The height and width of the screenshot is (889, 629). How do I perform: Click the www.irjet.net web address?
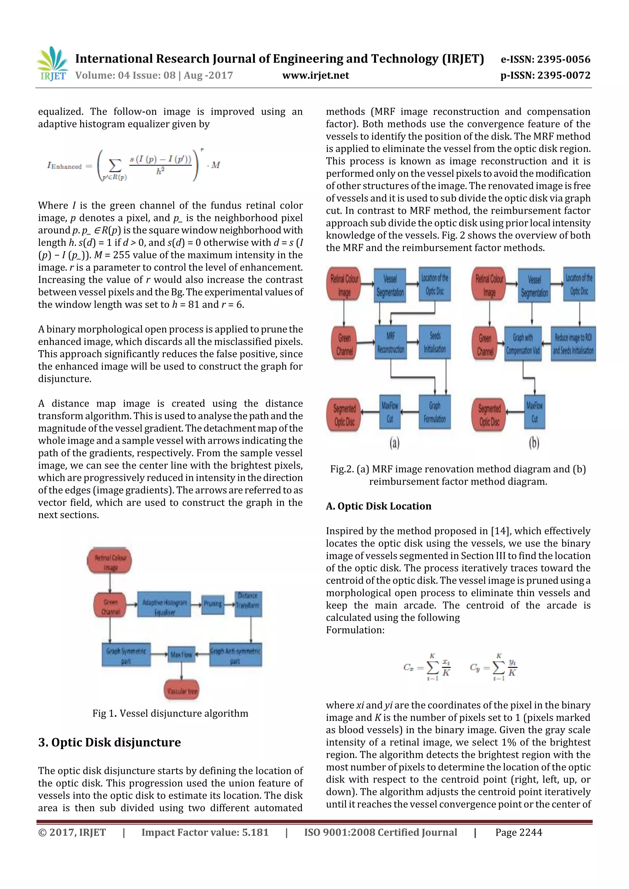[x=315, y=75]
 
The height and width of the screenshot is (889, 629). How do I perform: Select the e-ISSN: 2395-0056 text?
[x=545, y=59]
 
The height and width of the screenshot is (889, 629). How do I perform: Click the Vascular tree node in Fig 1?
[x=182, y=690]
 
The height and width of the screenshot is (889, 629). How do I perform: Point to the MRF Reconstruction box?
[x=390, y=342]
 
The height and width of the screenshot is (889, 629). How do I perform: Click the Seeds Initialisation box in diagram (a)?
[x=435, y=342]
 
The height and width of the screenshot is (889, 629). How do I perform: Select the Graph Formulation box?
[x=435, y=412]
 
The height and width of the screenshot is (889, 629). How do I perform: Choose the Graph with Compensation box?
[x=522, y=343]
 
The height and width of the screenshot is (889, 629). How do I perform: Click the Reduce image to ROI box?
[x=573, y=343]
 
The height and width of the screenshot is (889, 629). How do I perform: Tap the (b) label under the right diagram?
[x=534, y=443]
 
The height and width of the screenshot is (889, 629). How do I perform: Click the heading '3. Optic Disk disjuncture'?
[x=110, y=742]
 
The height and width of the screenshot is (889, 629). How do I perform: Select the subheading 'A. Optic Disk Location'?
[x=378, y=506]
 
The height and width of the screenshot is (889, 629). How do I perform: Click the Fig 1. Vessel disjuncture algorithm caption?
[x=170, y=713]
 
